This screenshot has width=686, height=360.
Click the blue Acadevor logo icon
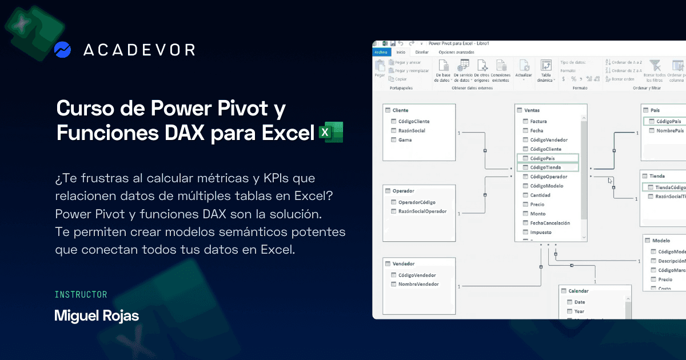[62, 50]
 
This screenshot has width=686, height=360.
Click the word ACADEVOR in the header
[139, 50]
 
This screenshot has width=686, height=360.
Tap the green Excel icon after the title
[330, 131]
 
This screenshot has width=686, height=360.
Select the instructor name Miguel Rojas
[97, 316]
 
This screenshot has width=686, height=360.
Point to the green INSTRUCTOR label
[81, 295]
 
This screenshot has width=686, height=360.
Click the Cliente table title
[400, 110]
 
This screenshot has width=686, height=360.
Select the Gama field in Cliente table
[405, 140]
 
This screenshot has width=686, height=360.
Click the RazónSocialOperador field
[422, 211]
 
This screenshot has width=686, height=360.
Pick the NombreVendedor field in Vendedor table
[418, 284]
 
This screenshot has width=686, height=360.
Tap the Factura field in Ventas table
[538, 122]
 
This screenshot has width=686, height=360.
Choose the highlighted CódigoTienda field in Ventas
[545, 167]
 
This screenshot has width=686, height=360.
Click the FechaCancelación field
[549, 223]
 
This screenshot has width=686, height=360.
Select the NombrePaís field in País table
[669, 131]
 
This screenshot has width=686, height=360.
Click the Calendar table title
[578, 291]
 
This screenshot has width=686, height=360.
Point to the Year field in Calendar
[579, 311]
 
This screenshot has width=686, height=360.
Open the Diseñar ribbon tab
[422, 52]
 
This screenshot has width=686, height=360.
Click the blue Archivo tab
[380, 52]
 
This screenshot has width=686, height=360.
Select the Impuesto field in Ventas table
[540, 233]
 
